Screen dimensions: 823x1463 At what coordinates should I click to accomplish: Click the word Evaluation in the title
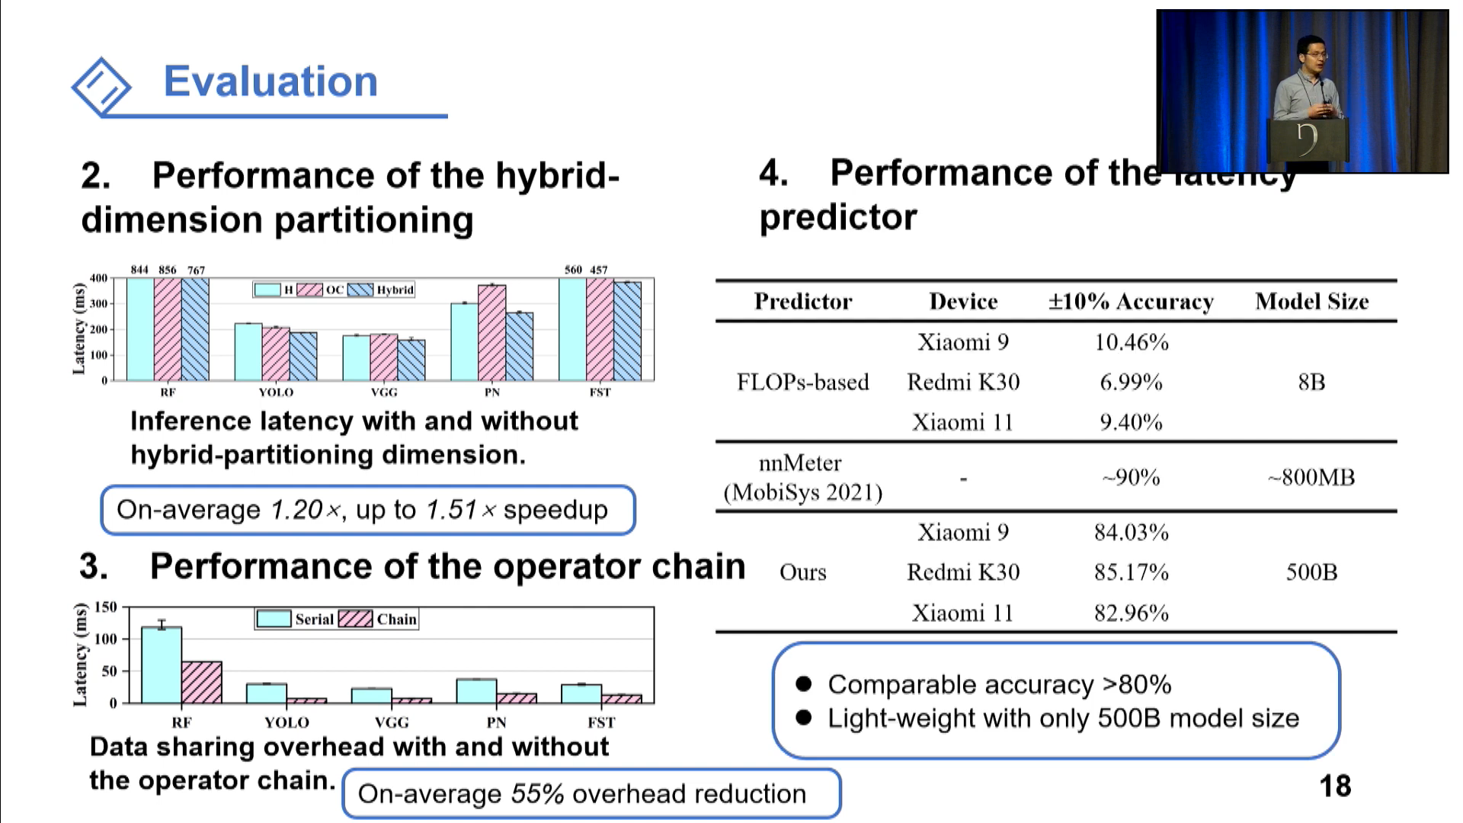point(271,82)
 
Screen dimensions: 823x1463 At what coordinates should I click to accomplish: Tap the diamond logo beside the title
point(101,86)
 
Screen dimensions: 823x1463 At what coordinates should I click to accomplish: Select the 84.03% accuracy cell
point(1131,532)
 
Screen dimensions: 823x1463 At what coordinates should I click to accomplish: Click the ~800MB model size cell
point(1311,478)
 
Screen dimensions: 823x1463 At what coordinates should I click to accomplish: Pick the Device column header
point(963,302)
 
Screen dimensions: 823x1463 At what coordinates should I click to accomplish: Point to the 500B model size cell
point(1311,572)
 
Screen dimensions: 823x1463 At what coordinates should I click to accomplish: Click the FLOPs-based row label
point(802,382)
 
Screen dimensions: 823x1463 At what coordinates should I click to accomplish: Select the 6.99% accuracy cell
point(1131,382)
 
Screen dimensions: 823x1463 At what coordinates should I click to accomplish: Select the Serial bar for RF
point(162,664)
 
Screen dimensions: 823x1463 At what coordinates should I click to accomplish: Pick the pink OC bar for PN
point(491,333)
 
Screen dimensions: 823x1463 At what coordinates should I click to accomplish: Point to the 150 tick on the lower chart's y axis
point(105,607)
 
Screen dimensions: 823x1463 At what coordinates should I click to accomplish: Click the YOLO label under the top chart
point(276,392)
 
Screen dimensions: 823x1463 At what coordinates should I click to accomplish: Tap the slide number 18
point(1335,786)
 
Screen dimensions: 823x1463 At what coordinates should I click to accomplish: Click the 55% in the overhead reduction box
point(537,793)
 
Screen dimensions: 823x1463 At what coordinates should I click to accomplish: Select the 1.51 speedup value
point(451,510)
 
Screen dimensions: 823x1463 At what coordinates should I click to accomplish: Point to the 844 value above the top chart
point(139,270)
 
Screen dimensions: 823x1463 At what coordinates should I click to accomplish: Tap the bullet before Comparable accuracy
point(803,684)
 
